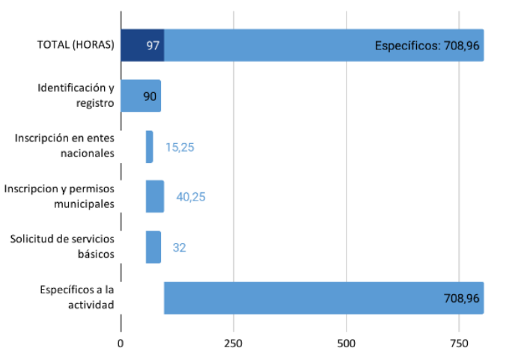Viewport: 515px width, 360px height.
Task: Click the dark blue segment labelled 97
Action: click(x=141, y=45)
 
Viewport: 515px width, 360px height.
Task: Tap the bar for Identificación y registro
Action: click(x=140, y=96)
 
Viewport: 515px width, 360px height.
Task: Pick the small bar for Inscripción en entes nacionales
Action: click(x=149, y=147)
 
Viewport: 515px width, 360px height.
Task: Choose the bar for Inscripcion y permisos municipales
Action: click(x=154, y=196)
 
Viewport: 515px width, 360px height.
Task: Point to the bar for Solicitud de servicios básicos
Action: click(x=153, y=247)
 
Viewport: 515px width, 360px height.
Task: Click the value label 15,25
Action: click(x=180, y=147)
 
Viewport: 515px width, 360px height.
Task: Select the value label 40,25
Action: click(x=190, y=197)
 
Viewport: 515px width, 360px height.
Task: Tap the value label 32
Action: click(x=179, y=248)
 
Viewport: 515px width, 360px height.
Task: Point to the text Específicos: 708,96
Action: click(x=427, y=46)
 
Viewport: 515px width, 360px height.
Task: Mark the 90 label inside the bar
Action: click(x=150, y=97)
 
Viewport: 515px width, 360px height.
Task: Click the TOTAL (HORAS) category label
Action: click(x=76, y=45)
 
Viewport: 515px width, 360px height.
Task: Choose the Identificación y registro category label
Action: click(x=76, y=96)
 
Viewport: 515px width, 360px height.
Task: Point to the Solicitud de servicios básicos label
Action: click(x=62, y=247)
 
